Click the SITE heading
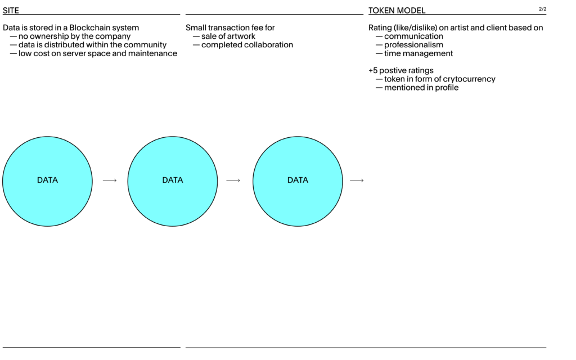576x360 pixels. [x=11, y=10]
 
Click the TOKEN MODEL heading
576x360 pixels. [x=397, y=10]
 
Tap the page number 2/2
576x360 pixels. [x=543, y=9]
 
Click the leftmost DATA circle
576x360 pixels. [x=47, y=181]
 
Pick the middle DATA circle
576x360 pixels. [x=173, y=181]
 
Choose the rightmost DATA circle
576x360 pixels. [x=298, y=181]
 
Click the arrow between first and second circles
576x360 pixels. [x=110, y=181]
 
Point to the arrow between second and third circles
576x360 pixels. [x=233, y=181]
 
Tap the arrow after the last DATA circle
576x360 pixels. [x=357, y=181]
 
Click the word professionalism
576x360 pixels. [x=413, y=45]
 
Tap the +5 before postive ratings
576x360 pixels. [x=373, y=70]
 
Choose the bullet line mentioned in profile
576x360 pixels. [x=417, y=88]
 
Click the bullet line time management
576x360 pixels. [x=415, y=53]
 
